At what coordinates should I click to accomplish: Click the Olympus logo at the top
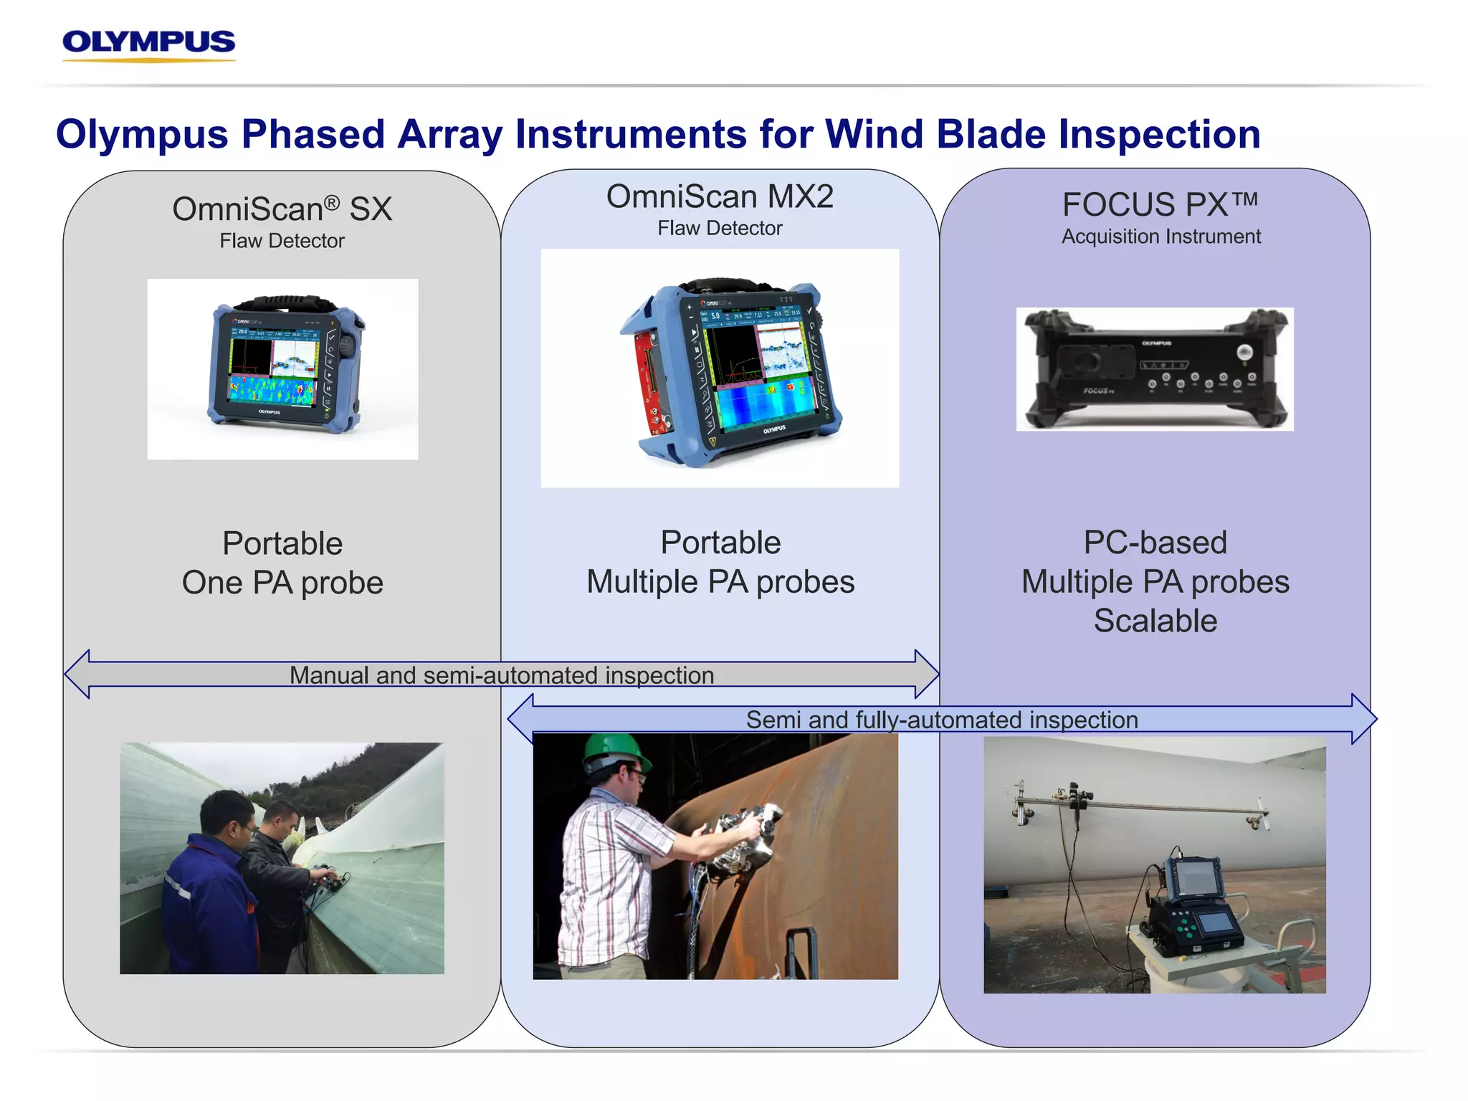pyautogui.click(x=148, y=44)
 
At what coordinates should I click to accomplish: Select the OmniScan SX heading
pyautogui.click(x=282, y=209)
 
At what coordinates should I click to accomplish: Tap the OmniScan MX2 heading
pyautogui.click(x=720, y=196)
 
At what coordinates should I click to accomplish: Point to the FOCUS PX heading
pyautogui.click(x=1159, y=205)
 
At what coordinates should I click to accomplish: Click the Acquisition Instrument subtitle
pyautogui.click(x=1160, y=237)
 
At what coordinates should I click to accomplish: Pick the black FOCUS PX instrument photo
pyautogui.click(x=1154, y=369)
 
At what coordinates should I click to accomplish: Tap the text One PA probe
pyautogui.click(x=282, y=583)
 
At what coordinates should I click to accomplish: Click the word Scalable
pyautogui.click(x=1155, y=621)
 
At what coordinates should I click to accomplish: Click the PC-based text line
pyautogui.click(x=1155, y=543)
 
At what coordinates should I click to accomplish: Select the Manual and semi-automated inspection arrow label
pyautogui.click(x=502, y=675)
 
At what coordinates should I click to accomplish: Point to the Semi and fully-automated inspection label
pyautogui.click(x=941, y=720)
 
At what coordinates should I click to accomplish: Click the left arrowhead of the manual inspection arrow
pyautogui.click(x=77, y=674)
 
